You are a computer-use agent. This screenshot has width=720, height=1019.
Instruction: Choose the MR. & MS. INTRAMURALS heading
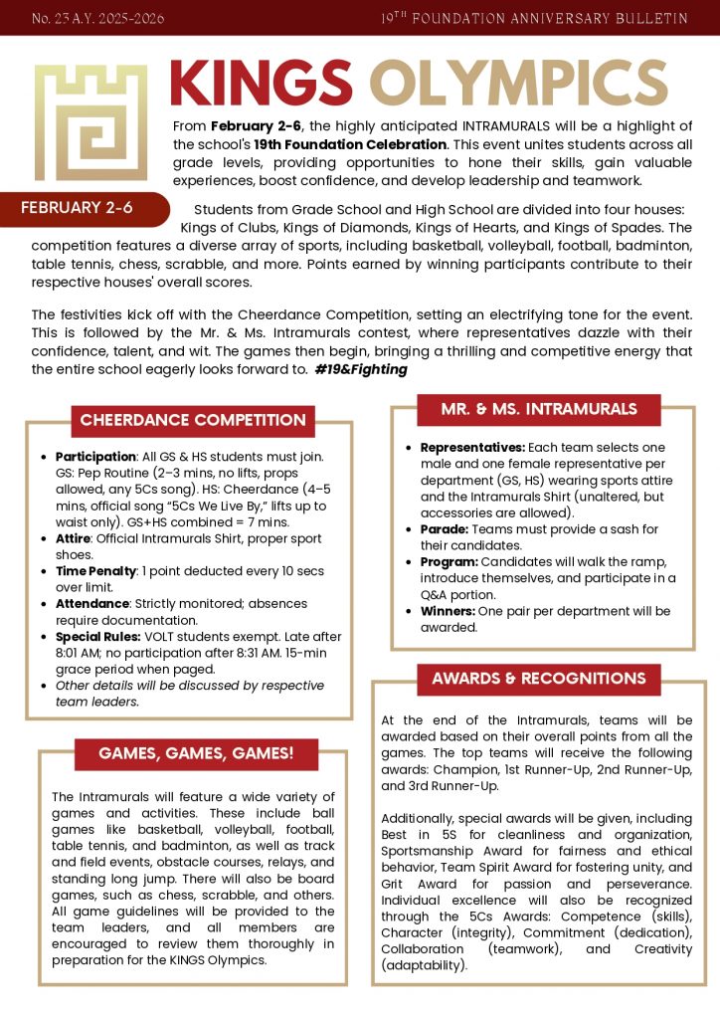[538, 409]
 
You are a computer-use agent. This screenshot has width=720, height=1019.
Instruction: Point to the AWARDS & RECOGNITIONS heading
[538, 679]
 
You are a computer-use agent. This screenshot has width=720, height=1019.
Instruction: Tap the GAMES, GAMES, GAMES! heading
[196, 752]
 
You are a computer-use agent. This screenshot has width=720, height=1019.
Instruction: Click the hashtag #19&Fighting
[360, 369]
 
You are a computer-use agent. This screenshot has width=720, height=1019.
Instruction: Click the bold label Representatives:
[471, 448]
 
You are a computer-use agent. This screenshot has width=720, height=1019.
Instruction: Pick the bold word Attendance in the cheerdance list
[92, 604]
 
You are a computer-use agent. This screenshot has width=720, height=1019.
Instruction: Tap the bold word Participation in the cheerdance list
[95, 457]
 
